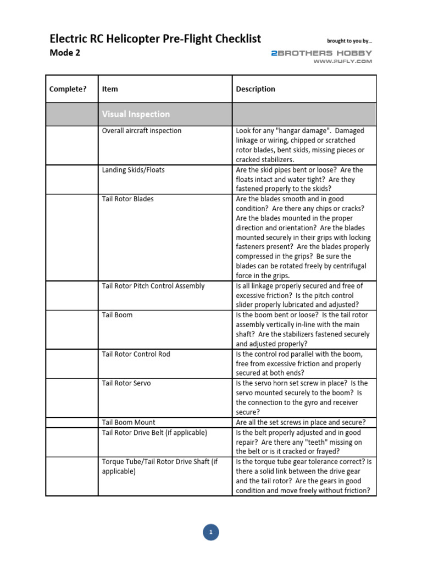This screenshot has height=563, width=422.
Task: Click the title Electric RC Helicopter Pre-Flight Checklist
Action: tap(156, 38)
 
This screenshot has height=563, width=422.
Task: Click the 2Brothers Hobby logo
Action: tap(321, 53)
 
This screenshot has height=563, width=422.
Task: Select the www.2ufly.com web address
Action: tap(342, 62)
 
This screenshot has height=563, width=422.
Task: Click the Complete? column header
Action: tap(68, 89)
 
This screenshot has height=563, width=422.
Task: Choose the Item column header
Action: tap(110, 89)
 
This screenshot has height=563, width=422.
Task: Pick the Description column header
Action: tap(256, 89)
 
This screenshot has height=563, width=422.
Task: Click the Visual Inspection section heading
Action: tap(136, 114)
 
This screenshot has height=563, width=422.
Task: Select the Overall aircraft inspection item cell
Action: tap(142, 131)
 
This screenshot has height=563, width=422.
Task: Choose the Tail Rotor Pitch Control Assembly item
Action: tap(153, 286)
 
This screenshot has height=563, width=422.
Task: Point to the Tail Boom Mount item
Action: tap(129, 422)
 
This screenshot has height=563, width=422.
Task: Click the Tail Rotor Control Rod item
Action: tap(136, 354)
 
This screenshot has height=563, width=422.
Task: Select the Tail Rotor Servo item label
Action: tap(127, 383)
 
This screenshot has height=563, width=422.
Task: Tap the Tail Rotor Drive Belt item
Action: tap(154, 433)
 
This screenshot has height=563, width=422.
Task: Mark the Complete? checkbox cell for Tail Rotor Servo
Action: tap(71, 397)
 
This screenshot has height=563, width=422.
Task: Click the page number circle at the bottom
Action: tap(211, 532)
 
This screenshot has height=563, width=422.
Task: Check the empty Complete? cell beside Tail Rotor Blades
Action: tap(71, 237)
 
